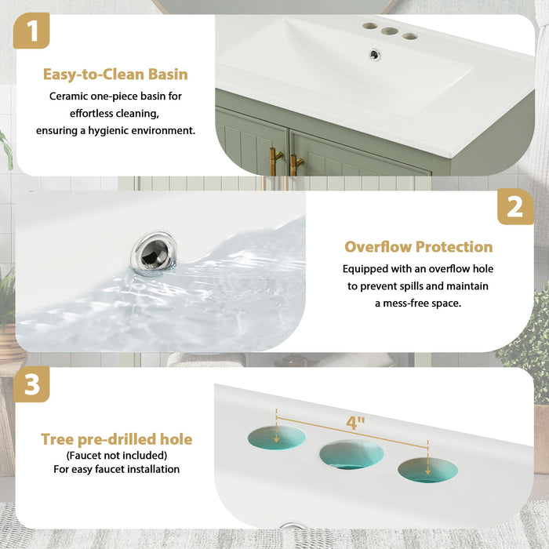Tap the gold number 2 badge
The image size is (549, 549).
tap(515, 206)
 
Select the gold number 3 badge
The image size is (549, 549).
tap(31, 386)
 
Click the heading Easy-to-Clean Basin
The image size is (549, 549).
tap(115, 75)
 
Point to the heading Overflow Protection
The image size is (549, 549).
tap(419, 247)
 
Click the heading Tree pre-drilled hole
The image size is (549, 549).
tap(116, 439)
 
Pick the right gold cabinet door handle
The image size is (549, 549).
tap(295, 165)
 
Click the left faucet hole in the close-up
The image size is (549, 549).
tap(276, 438)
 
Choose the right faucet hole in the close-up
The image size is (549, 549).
tap(427, 470)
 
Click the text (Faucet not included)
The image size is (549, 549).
tap(116, 455)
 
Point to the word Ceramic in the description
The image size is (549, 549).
tap(70, 96)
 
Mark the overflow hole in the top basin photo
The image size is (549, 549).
tap(375, 54)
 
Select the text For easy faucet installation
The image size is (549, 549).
tap(116, 469)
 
